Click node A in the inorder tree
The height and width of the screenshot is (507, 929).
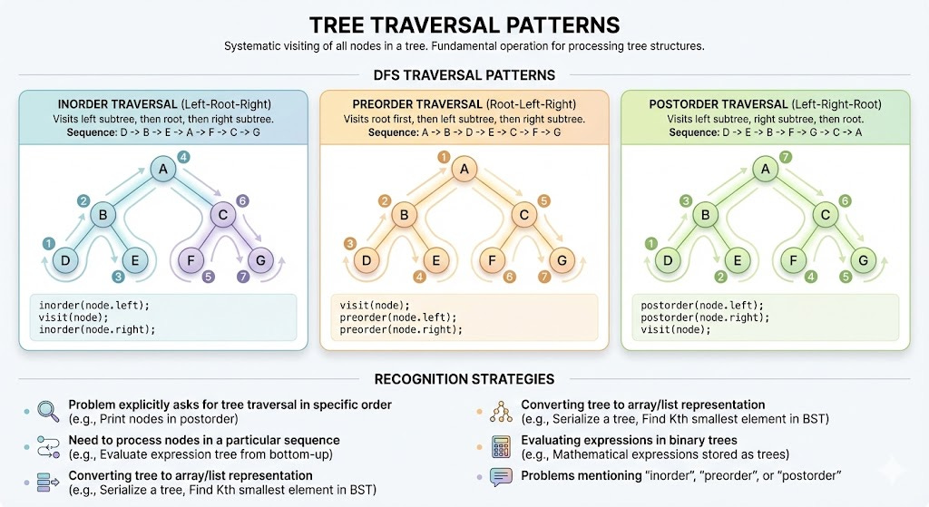(163, 170)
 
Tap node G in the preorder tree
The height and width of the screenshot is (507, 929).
(562, 261)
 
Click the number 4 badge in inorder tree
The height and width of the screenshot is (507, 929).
(183, 158)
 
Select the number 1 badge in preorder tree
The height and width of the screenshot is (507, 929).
(444, 158)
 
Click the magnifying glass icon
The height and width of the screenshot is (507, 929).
(44, 410)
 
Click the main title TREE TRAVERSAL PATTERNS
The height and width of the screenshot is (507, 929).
(464, 24)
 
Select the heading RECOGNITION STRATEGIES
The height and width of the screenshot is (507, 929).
(464, 378)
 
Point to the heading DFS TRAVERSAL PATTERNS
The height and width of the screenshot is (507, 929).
(464, 75)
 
